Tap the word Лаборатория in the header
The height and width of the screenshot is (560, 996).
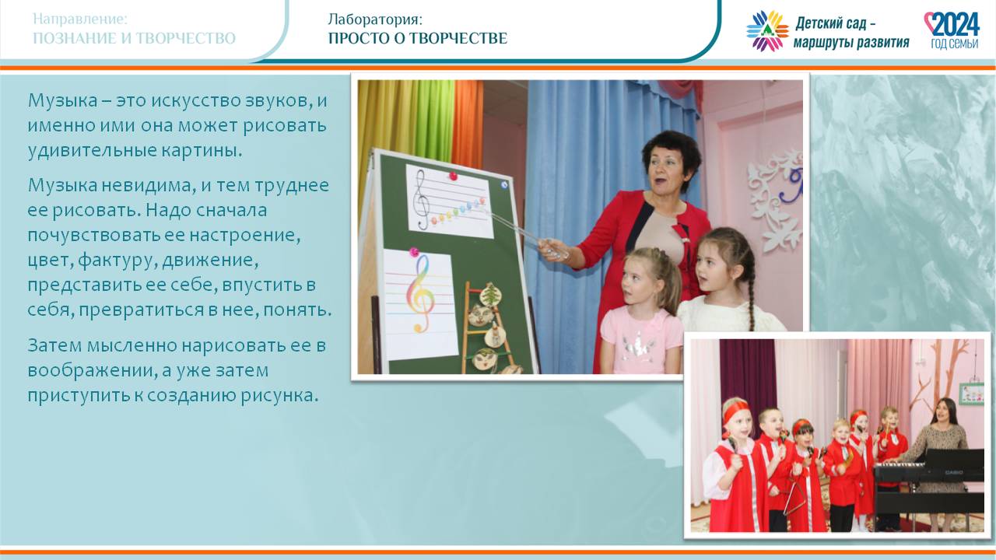[x=373, y=19]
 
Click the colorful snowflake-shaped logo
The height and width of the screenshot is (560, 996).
[x=767, y=30]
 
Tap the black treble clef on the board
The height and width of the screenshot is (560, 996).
[x=421, y=200]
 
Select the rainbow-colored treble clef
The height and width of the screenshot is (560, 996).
[x=419, y=293]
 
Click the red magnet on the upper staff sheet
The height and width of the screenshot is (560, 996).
[x=453, y=176]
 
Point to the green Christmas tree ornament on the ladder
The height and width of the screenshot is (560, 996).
[x=490, y=295]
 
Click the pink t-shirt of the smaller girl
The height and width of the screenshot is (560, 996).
[x=641, y=341]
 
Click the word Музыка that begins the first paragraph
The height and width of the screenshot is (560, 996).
[x=63, y=101]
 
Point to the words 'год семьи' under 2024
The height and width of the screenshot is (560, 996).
[x=954, y=43]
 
